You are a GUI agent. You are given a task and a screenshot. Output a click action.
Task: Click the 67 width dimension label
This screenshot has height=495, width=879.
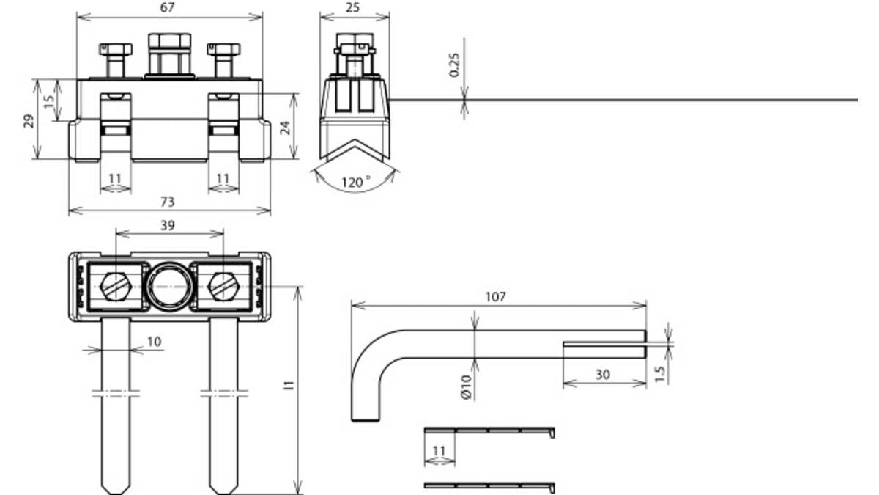[167, 7]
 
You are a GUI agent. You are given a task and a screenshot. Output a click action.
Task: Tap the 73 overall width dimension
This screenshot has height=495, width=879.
[167, 202]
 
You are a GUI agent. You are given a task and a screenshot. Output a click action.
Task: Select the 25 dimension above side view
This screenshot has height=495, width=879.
[352, 7]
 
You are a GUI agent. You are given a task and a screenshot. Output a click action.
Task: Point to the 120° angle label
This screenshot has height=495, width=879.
[356, 183]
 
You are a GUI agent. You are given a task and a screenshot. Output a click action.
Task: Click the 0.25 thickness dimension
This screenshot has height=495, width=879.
[454, 65]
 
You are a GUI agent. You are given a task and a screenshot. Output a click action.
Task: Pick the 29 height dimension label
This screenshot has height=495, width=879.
[29, 120]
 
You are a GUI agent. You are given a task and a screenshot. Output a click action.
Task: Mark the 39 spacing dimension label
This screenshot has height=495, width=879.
[168, 226]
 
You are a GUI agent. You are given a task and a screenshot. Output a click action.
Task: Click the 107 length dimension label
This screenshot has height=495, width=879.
[496, 296]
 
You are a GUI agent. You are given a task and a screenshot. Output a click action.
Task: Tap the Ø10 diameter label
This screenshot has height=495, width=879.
[466, 387]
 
